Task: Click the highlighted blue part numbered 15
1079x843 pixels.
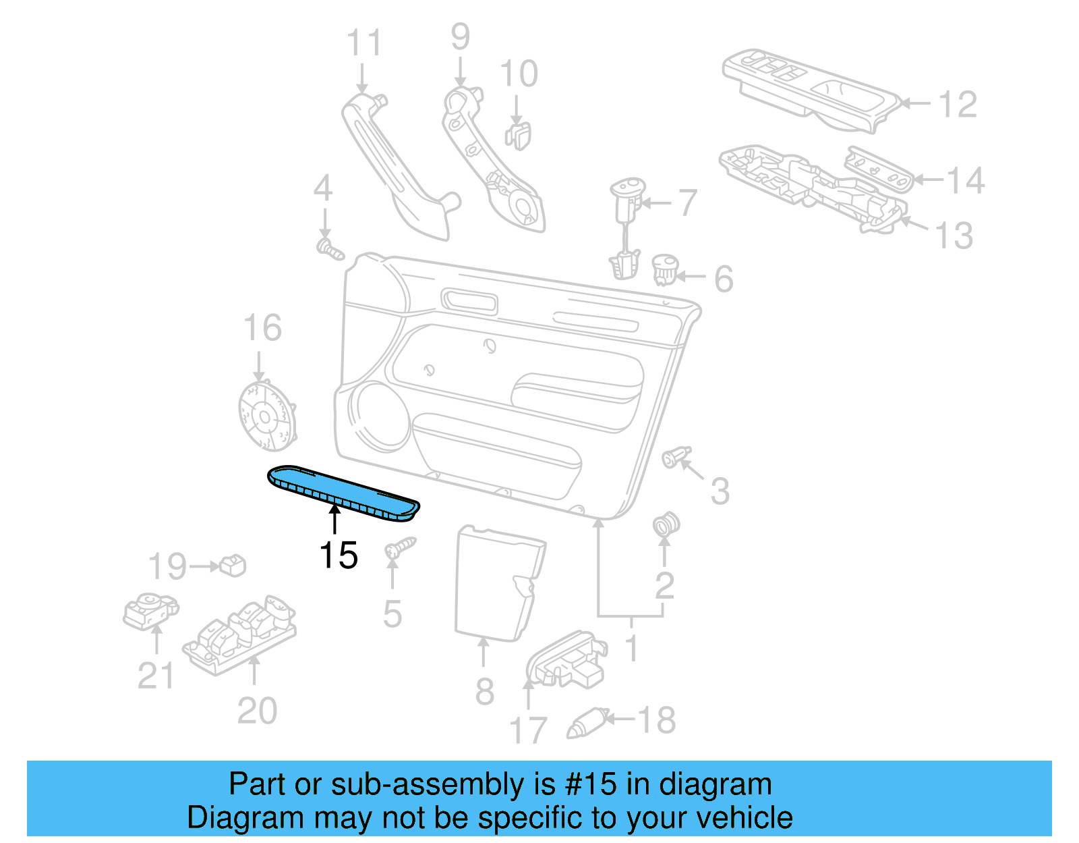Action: click(343, 493)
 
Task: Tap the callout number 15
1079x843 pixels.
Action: click(338, 555)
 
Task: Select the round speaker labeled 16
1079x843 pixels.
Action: click(268, 416)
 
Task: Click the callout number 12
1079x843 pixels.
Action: click(957, 105)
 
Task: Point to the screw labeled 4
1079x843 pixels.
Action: click(330, 249)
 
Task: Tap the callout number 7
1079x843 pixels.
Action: click(687, 202)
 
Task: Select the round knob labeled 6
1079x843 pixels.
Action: click(665, 269)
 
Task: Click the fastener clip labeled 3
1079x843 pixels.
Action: click(676, 458)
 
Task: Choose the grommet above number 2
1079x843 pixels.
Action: click(666, 524)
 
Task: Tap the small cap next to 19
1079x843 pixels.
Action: click(233, 565)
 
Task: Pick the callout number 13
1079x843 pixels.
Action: click(954, 236)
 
